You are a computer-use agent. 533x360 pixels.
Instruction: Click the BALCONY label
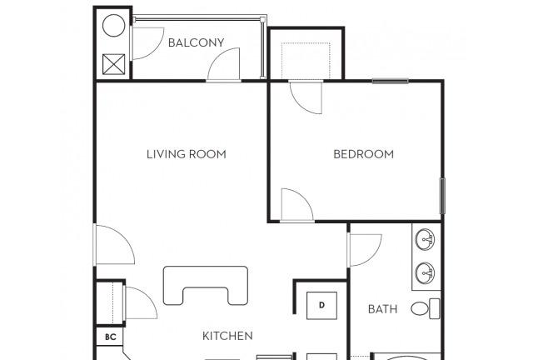click(x=197, y=42)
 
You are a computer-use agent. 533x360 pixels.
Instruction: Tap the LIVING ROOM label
click(x=187, y=154)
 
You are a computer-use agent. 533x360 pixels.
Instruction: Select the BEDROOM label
click(x=363, y=154)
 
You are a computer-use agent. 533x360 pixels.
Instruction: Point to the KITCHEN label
click(x=227, y=336)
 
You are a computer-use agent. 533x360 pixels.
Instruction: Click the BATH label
click(x=382, y=309)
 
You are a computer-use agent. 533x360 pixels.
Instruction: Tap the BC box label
click(x=111, y=337)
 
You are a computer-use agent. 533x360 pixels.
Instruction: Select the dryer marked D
click(x=321, y=305)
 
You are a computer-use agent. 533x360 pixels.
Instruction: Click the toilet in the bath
click(x=426, y=308)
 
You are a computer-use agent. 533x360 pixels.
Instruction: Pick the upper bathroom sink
click(x=425, y=239)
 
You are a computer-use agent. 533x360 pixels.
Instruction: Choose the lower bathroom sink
click(x=425, y=272)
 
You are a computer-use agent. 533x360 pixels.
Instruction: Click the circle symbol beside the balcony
click(x=113, y=26)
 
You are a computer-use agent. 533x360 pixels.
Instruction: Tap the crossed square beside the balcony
click(x=113, y=64)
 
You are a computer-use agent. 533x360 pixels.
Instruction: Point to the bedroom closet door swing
click(x=306, y=97)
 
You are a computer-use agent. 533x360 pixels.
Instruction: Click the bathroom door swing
click(x=365, y=250)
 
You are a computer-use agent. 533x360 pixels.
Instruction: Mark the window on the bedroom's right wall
click(x=442, y=196)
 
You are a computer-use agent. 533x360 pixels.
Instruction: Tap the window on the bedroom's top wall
click(x=391, y=81)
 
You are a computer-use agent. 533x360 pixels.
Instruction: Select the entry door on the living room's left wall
click(x=113, y=244)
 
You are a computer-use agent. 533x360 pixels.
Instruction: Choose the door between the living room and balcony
click(x=223, y=65)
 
